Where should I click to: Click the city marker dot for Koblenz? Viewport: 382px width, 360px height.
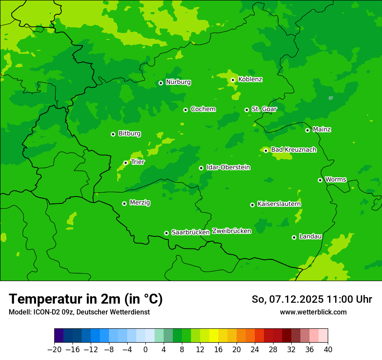[233, 80]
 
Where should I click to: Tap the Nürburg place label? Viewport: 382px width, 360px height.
[178, 82]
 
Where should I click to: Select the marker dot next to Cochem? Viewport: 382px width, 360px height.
[185, 110]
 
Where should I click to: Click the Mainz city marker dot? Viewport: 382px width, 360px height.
[307, 130]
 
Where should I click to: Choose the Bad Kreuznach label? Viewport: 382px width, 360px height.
[293, 150]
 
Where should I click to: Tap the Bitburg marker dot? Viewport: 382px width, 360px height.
[113, 134]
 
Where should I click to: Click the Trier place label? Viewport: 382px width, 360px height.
[138, 162]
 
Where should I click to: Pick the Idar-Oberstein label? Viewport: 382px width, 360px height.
[228, 167]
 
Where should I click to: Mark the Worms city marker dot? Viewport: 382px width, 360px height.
[320, 180]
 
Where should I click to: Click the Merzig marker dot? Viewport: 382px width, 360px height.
[124, 203]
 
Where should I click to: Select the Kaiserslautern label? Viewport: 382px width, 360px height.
[279, 204]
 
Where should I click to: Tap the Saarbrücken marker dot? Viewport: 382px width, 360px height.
[166, 233]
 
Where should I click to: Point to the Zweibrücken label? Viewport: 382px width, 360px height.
[231, 231]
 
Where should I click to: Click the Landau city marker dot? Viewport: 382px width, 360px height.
[294, 237]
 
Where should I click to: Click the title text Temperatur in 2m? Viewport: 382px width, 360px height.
[86, 299]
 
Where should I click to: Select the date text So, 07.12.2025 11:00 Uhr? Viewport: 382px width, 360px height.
[312, 299]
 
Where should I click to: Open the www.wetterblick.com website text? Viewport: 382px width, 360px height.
[313, 312]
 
